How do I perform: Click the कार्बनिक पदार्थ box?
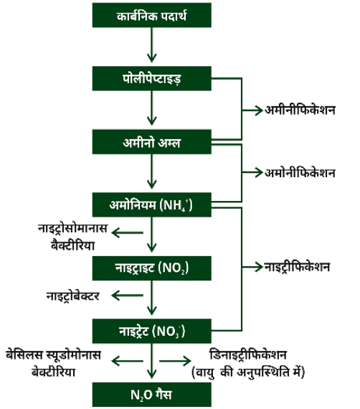[x=152, y=15]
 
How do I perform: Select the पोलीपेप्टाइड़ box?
[x=152, y=78]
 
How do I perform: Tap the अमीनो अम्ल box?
[x=152, y=141]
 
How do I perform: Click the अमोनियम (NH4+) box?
[x=152, y=204]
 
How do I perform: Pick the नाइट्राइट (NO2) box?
[x=152, y=268]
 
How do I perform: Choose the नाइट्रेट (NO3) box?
[x=152, y=331]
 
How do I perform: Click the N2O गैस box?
[x=152, y=395]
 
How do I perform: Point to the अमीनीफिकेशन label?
[x=300, y=110]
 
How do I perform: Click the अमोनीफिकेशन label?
[x=300, y=173]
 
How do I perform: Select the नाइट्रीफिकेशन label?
[x=298, y=267]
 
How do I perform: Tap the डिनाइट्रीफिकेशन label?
[x=248, y=354]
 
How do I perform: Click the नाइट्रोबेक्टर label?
[x=73, y=296]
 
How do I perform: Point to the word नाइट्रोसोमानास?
[x=72, y=228]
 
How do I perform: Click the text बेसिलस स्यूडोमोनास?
[x=54, y=355]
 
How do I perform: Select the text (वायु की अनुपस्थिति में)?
[x=248, y=372]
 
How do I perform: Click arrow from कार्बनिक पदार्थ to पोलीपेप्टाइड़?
[x=152, y=45]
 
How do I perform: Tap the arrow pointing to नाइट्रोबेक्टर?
[x=127, y=296]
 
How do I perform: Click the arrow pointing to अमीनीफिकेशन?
[x=252, y=111]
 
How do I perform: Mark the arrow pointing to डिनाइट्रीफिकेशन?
[x=175, y=361]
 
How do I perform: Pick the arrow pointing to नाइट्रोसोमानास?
[x=127, y=232]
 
